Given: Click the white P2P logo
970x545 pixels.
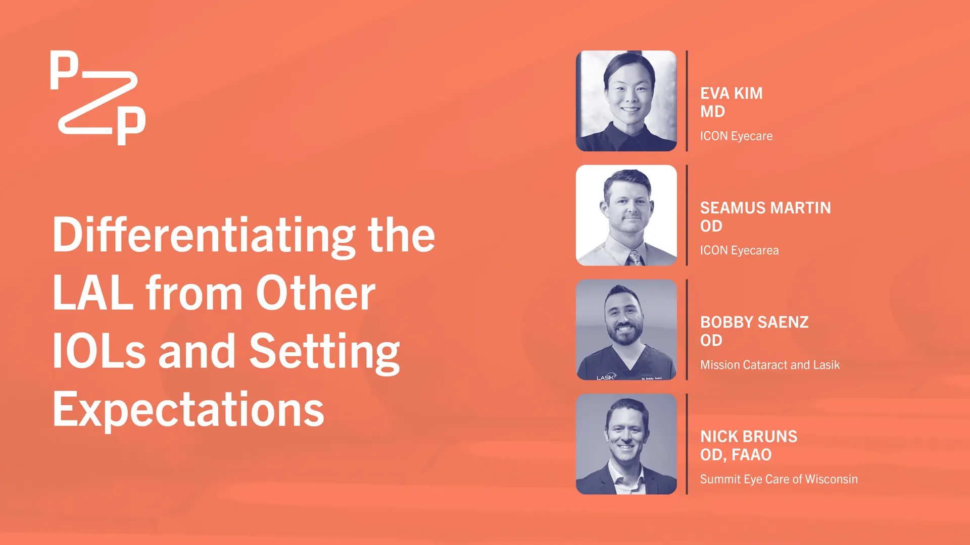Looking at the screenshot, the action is click(x=98, y=98).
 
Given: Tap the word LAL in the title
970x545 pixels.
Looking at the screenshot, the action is click(x=93, y=293).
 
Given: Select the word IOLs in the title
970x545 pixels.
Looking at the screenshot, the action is click(x=99, y=351).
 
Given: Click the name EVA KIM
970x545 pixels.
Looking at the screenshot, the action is click(x=731, y=93).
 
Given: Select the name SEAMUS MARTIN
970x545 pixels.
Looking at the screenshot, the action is click(x=765, y=208).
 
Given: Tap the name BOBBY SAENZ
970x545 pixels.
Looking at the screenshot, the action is click(x=754, y=322).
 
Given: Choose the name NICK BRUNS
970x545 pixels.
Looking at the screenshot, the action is click(x=749, y=437).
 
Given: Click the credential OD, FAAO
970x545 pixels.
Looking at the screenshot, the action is click(x=736, y=455).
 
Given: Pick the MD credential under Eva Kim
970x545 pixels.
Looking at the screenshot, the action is click(x=712, y=112).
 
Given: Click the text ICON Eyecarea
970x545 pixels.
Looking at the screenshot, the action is click(x=739, y=250).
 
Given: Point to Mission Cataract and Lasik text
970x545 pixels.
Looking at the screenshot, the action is click(x=770, y=365).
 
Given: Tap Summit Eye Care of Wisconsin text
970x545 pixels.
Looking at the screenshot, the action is click(x=779, y=479).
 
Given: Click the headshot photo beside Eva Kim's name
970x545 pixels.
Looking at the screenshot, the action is click(x=626, y=101).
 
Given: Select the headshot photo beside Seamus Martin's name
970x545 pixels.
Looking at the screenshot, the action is click(x=626, y=215).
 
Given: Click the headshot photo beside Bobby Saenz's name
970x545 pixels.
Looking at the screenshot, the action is click(x=626, y=330).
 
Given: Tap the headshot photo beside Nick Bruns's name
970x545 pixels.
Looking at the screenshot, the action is click(x=626, y=444).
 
